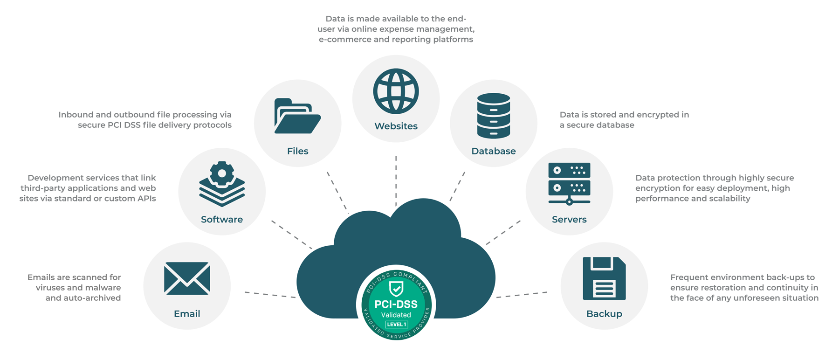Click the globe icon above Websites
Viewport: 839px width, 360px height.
(396, 91)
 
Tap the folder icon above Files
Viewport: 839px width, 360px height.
(297, 116)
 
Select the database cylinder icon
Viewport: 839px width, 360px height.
(494, 116)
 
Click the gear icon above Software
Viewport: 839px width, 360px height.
(222, 173)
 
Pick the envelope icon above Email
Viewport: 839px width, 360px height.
(187, 278)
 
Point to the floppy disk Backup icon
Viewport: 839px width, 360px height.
(604, 278)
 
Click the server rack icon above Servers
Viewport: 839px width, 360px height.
(569, 183)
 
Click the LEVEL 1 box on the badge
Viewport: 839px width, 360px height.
(397, 324)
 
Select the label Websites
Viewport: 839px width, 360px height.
(396, 126)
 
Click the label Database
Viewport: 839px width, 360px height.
(494, 151)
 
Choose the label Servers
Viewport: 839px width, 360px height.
(569, 219)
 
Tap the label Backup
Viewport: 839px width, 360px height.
(604, 314)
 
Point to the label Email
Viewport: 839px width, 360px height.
(187, 314)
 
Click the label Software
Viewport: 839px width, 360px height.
(222, 219)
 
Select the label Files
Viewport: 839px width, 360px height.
(297, 151)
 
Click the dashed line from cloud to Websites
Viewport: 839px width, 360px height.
(396, 180)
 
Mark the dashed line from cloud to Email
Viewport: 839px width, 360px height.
(270, 295)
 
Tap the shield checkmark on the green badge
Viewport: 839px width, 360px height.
(396, 289)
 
